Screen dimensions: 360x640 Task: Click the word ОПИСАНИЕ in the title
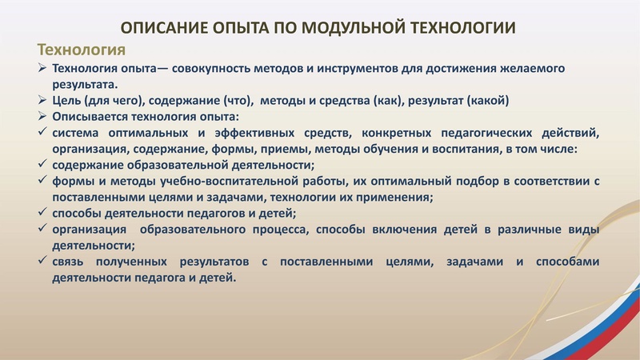tap(170, 28)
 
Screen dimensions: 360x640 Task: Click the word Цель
tap(68, 101)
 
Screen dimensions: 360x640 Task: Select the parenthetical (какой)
tap(486, 101)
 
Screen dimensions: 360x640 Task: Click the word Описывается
tap(90, 117)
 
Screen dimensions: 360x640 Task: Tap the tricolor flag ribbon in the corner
tap(616, 320)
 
